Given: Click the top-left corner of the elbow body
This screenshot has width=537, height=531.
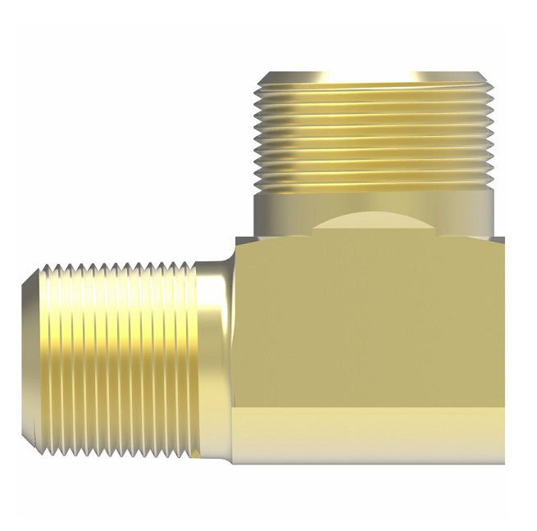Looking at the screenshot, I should pyautogui.click(x=236, y=238).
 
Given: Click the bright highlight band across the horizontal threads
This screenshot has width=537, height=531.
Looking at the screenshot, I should pyautogui.click(x=115, y=328).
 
